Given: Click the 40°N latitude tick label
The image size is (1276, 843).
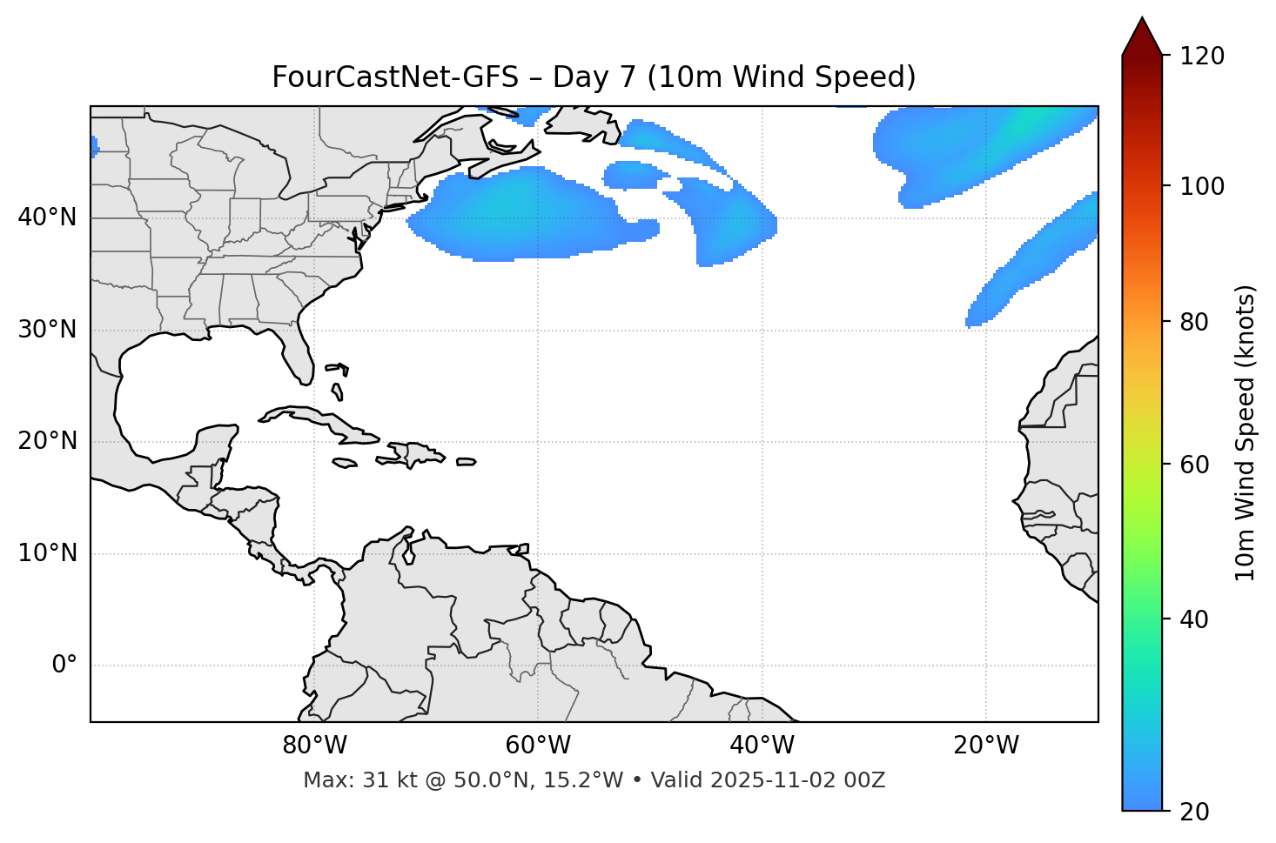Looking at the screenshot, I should click(x=47, y=217).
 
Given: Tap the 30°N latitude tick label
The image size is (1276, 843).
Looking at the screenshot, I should click(x=47, y=330).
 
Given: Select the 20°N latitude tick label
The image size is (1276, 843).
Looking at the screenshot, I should click(x=47, y=441).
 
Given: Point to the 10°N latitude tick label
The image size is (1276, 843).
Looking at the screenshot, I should click(x=47, y=553).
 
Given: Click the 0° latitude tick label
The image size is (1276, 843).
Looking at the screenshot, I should click(x=64, y=666).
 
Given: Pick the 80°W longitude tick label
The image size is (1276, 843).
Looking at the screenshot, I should click(x=314, y=746).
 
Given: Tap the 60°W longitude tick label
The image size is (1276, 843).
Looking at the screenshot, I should click(x=538, y=746).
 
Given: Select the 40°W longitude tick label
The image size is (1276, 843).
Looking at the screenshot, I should click(x=762, y=746).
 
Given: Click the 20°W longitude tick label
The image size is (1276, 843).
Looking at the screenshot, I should click(x=986, y=746).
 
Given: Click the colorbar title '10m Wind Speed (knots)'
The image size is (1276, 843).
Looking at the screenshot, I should click(x=1246, y=432).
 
